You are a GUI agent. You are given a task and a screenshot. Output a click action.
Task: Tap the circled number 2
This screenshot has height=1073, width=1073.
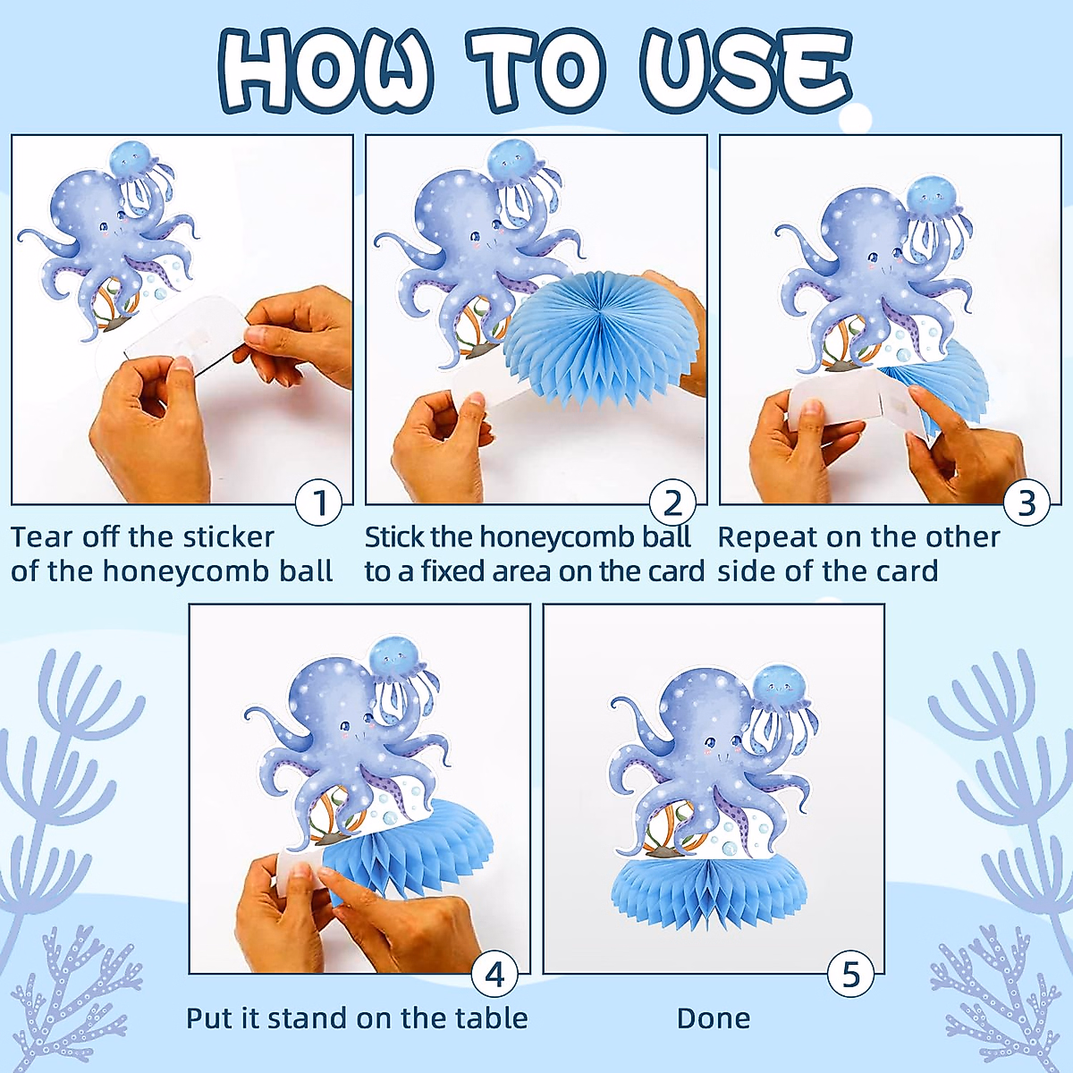coord(672,503)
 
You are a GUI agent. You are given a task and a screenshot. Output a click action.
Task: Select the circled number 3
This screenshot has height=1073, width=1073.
coord(1027,503)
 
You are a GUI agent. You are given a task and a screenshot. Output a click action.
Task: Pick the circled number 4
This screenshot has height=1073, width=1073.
coord(494,974)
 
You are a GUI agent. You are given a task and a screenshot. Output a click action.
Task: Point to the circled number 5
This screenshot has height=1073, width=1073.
coord(850,974)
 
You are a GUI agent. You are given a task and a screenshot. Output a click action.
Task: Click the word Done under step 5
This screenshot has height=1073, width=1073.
coord(714,1018)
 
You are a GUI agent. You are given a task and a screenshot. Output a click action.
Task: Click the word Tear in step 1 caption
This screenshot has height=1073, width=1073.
coord(41,537)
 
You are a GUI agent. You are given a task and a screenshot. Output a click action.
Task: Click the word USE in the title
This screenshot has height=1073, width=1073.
coord(744,70)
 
